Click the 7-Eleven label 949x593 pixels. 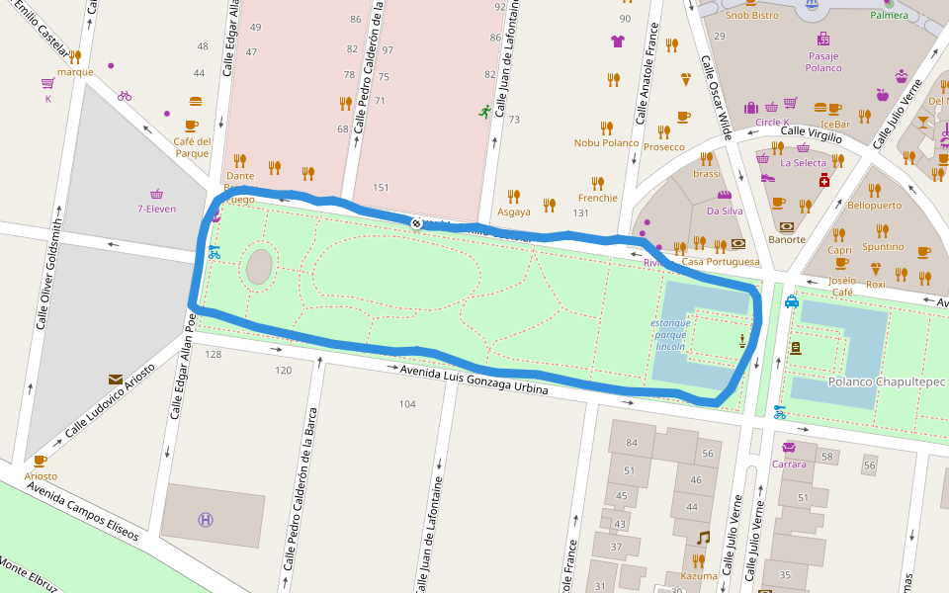(x=156, y=209)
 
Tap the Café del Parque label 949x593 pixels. (x=192, y=147)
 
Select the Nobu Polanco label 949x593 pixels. (x=606, y=142)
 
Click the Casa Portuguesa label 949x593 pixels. (x=721, y=262)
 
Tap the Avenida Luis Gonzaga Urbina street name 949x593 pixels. (x=474, y=380)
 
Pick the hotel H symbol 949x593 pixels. (x=206, y=519)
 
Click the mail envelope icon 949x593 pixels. (x=116, y=379)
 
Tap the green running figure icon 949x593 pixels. (x=484, y=112)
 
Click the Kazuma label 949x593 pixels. (x=699, y=575)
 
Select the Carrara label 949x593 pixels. (x=789, y=464)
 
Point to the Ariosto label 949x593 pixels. (x=41, y=475)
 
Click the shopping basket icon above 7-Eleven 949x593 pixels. (x=156, y=193)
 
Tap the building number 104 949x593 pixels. (x=407, y=404)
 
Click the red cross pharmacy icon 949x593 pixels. (x=822, y=181)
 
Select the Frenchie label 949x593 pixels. (x=597, y=198)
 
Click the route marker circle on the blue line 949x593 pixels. (x=417, y=223)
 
